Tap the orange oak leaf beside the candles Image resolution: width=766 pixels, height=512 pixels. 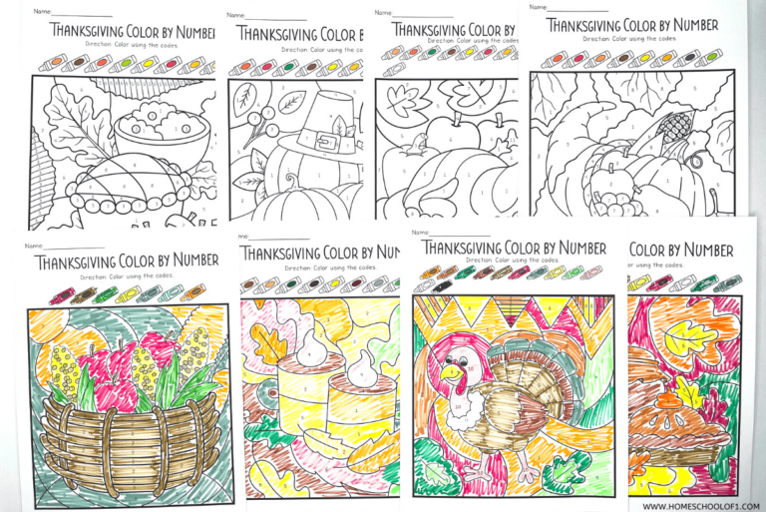coord(268,345)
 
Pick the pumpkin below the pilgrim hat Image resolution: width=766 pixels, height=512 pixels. coord(299,200)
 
